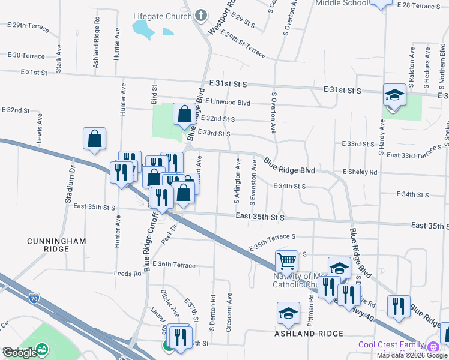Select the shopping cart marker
click(x=287, y=262)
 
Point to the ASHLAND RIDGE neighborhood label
click(x=309, y=334)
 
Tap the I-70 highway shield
click(x=34, y=298)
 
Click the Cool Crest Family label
click(x=391, y=345)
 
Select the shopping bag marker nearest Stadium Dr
click(x=95, y=139)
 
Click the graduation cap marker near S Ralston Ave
click(x=394, y=95)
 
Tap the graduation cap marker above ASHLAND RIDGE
click(x=288, y=313)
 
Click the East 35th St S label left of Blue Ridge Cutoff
click(x=94, y=207)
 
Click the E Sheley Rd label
click(x=360, y=172)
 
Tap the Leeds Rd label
click(x=127, y=274)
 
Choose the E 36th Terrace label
click(x=174, y=265)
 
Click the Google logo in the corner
click(x=20, y=353)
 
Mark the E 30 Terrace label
click(x=25, y=56)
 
